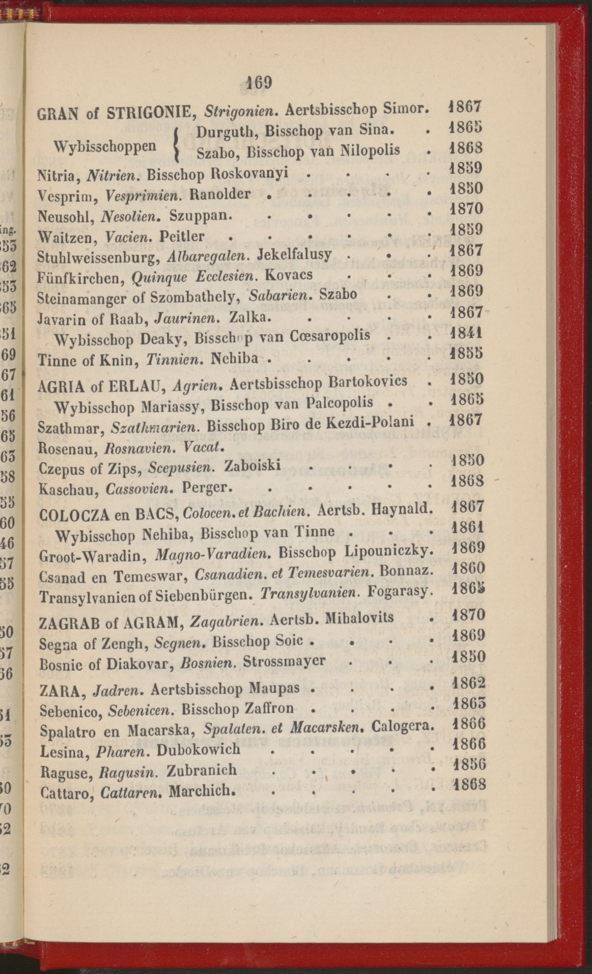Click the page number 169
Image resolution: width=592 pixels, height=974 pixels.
[259, 83]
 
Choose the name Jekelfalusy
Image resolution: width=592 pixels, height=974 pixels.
[295, 254]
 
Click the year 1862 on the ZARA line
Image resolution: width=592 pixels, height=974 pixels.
[468, 683]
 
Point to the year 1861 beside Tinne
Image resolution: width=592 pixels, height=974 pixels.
[468, 527]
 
